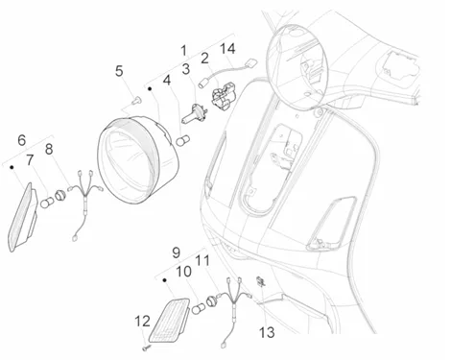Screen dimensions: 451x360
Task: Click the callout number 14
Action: point(227,49)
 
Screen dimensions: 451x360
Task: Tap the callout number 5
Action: point(119,71)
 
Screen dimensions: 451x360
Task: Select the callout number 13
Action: point(267,332)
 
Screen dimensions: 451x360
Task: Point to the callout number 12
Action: point(142,321)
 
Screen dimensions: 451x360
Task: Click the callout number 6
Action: point(21,140)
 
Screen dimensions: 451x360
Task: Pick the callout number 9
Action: point(177,252)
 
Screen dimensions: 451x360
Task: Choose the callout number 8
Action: point(49,149)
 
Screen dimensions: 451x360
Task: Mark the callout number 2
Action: point(204,58)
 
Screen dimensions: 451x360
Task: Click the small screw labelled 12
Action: point(147,347)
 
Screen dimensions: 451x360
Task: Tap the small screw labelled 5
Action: point(137,100)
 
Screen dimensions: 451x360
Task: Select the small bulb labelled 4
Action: point(183,140)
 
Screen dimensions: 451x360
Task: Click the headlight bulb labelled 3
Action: point(194,114)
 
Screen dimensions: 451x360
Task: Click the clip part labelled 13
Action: point(260,281)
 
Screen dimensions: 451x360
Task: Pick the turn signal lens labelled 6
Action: point(21,217)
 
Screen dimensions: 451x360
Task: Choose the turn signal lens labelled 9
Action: point(169,320)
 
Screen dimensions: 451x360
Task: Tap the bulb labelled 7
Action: point(47,203)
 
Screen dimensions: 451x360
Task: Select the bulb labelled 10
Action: point(199,308)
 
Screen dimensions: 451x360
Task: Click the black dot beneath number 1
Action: point(150,88)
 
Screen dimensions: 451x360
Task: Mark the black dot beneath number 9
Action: point(165,280)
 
